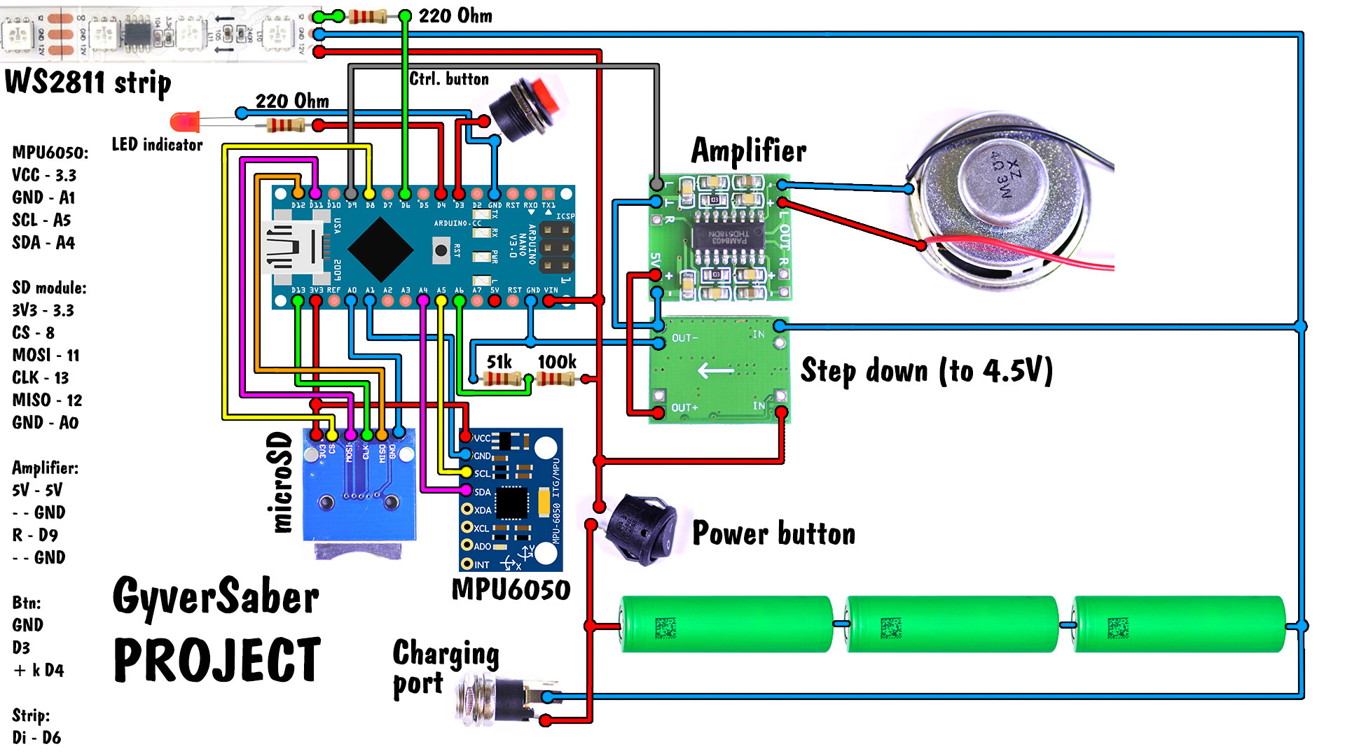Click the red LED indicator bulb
pyautogui.click(x=184, y=122)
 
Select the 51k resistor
pyautogui.click(x=502, y=379)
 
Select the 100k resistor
pyautogui.click(x=556, y=379)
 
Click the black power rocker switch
pyautogui.click(x=641, y=528)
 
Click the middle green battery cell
pyautogui.click(x=951, y=624)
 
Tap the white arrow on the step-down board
pyautogui.click(x=715, y=370)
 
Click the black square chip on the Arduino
pyautogui.click(x=380, y=249)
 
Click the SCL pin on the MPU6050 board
pyautogui.click(x=466, y=473)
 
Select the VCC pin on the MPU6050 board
pyautogui.click(x=466, y=437)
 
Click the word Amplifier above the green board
pyautogui.click(x=748, y=150)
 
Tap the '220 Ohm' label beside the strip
pyautogui.click(x=455, y=15)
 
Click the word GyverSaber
pyautogui.click(x=216, y=597)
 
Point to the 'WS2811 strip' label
pyautogui.click(x=88, y=83)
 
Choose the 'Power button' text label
pyautogui.click(x=773, y=533)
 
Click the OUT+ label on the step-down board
pyautogui.click(x=684, y=407)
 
